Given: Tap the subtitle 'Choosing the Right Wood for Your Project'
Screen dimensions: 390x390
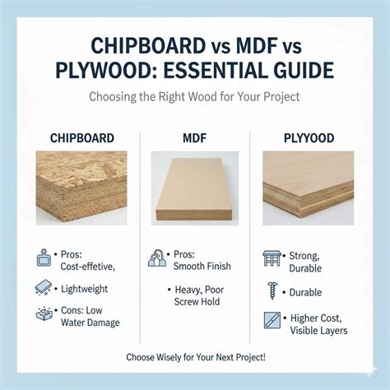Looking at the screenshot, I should pos(195,96).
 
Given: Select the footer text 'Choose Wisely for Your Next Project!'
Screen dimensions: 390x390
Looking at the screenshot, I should pos(195,357).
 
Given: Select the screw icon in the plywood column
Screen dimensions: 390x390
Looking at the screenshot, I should pos(272,290).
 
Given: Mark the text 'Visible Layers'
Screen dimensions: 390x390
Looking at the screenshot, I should pos(318,330).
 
